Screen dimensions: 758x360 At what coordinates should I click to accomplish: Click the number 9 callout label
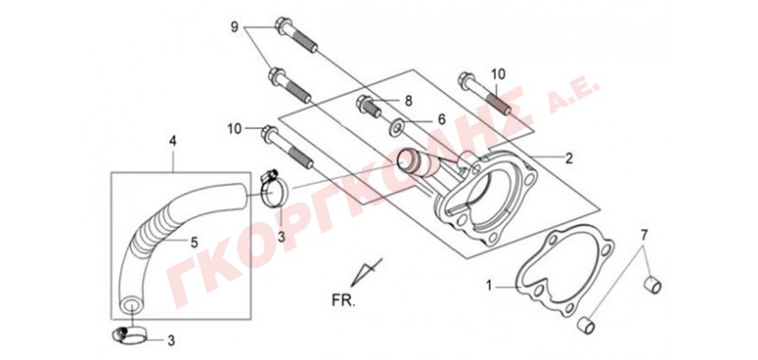click(x=234, y=27)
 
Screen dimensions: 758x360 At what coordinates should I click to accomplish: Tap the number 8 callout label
click(x=408, y=101)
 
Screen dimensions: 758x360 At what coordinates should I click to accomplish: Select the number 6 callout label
click(x=441, y=118)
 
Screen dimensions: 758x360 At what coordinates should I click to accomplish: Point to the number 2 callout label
click(x=569, y=158)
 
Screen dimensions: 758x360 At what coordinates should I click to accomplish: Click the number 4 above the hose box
click(x=172, y=141)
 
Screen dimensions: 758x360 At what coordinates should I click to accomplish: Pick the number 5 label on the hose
click(x=194, y=243)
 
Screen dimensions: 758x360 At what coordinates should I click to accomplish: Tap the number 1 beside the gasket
click(x=489, y=286)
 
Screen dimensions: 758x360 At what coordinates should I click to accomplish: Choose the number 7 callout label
click(x=643, y=236)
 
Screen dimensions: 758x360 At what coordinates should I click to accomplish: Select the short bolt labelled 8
click(x=370, y=107)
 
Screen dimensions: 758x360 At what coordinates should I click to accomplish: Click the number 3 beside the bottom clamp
click(x=171, y=341)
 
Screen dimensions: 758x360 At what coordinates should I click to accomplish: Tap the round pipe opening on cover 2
click(x=406, y=162)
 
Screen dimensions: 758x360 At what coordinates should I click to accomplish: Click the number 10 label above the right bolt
click(x=498, y=75)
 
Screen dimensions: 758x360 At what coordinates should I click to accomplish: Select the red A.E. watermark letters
click(x=577, y=90)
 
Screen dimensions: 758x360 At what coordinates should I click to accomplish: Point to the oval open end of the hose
click(x=131, y=306)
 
